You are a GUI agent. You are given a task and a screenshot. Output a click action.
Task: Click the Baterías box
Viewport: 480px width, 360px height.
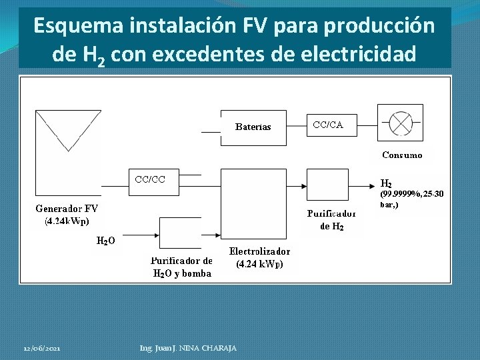(x=253, y=126)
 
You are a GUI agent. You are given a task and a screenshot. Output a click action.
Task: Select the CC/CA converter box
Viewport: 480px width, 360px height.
(x=329, y=125)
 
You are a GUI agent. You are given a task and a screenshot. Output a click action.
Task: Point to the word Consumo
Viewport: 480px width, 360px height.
(x=402, y=155)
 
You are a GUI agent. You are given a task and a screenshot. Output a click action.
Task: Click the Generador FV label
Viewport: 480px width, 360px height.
(x=67, y=209)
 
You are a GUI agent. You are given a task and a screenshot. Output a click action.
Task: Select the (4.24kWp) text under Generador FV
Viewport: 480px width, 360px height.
(x=67, y=221)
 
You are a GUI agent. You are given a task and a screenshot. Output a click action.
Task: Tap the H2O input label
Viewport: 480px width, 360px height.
(x=105, y=241)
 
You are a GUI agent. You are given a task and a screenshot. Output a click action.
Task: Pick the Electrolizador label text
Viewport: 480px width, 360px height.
(x=259, y=251)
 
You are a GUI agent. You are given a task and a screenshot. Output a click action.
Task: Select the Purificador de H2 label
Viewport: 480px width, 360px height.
(x=331, y=220)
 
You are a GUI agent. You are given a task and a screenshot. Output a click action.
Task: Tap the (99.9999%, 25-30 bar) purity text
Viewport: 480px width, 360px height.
(x=411, y=199)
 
